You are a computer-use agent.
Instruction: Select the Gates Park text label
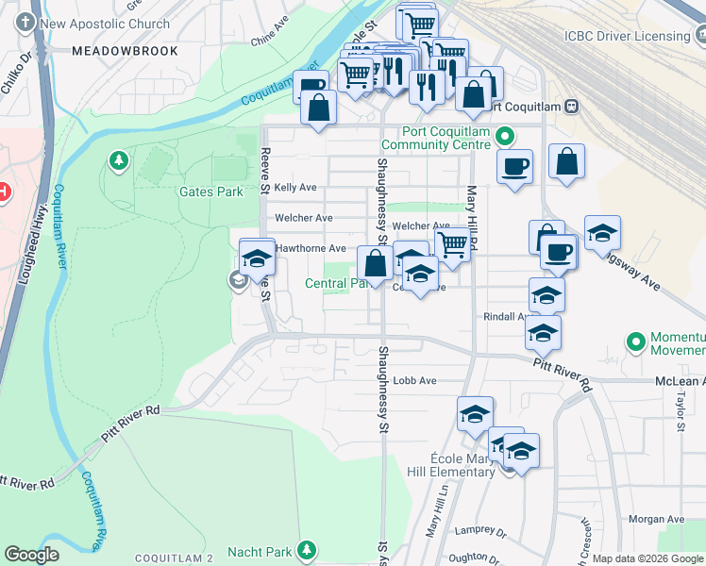coord(211,191)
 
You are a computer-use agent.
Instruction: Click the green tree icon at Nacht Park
coord(306,549)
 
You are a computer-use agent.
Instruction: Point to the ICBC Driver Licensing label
coord(627,36)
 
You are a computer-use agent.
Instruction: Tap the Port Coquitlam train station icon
coord(570,107)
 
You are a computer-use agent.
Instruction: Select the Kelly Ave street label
coord(295,188)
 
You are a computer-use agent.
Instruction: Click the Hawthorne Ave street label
coord(303,248)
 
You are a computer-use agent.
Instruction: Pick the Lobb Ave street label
coord(415,381)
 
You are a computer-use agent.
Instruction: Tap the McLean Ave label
coord(680,381)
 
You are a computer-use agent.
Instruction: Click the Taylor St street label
coord(680,413)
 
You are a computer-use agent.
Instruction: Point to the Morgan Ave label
coord(656,519)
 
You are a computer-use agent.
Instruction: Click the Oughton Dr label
coord(475,558)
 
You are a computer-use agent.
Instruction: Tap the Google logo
coord(32,555)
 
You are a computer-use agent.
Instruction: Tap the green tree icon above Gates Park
coord(118,161)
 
